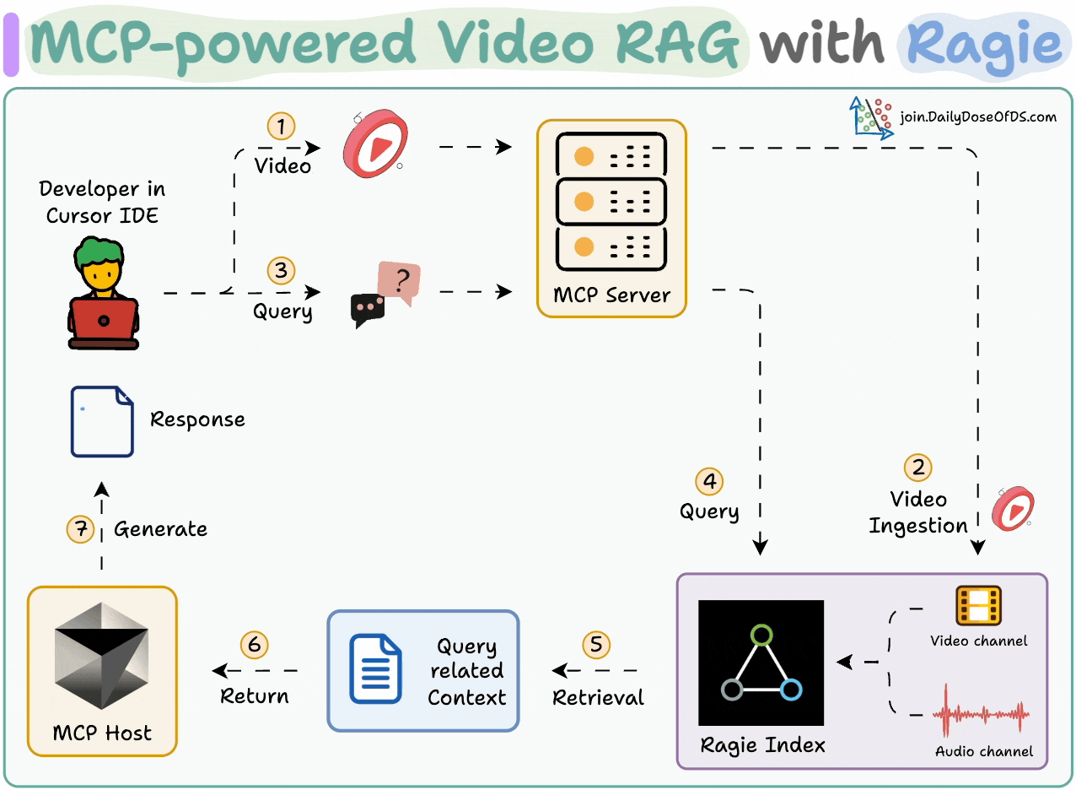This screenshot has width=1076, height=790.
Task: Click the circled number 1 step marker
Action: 281,127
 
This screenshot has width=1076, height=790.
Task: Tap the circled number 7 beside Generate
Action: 80,529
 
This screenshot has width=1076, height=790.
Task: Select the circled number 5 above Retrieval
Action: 596,645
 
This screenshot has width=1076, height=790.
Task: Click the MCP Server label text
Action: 611,295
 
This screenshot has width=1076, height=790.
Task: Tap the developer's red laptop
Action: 103,320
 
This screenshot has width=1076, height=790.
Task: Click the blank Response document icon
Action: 102,421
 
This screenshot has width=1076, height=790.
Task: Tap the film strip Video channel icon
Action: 978,606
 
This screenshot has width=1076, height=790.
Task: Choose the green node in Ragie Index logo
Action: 761,634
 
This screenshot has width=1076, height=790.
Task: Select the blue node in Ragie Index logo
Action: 791,690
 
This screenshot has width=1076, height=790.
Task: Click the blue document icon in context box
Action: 375,669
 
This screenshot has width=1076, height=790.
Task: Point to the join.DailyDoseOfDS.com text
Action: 977,117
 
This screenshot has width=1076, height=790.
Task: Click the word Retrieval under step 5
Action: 598,698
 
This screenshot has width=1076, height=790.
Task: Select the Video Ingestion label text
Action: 918,512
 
